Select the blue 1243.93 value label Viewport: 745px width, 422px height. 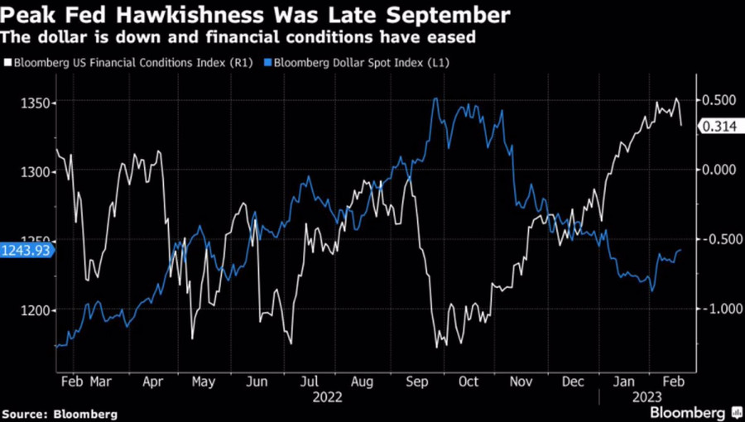tap(25, 250)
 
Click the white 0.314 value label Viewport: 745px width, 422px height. tap(719, 127)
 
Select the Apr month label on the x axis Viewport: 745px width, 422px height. tap(152, 382)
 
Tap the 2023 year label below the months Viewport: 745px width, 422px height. tap(646, 396)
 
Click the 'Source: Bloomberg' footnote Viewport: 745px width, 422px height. tap(60, 413)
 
